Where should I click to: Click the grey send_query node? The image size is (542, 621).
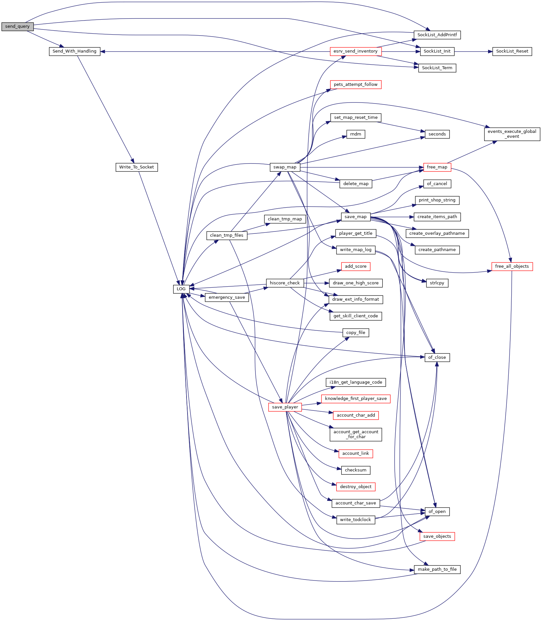point(17,26)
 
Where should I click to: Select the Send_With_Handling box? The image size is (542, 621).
point(74,51)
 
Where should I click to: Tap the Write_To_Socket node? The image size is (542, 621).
point(137,167)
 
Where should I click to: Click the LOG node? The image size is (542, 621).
point(181,289)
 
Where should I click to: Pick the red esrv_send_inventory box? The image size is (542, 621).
point(355,51)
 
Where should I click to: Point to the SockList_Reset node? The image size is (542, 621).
point(512,51)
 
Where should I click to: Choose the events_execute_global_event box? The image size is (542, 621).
point(512,134)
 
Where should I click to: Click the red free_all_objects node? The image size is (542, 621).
point(512,266)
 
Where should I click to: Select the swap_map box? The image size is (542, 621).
point(285,167)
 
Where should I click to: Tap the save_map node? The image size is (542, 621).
point(355,217)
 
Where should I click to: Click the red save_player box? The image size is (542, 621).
point(285,407)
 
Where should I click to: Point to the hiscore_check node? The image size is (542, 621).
point(285,283)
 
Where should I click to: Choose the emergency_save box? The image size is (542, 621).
point(227,297)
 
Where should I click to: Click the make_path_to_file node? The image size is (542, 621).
point(437,569)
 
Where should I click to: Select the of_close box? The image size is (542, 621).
point(437,358)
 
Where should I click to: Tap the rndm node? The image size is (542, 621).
point(356,134)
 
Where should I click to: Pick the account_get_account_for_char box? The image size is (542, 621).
point(356,435)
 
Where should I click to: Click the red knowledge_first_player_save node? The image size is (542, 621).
point(356,399)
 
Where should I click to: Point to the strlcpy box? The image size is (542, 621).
point(437,283)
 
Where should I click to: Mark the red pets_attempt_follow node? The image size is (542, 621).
point(355,85)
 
